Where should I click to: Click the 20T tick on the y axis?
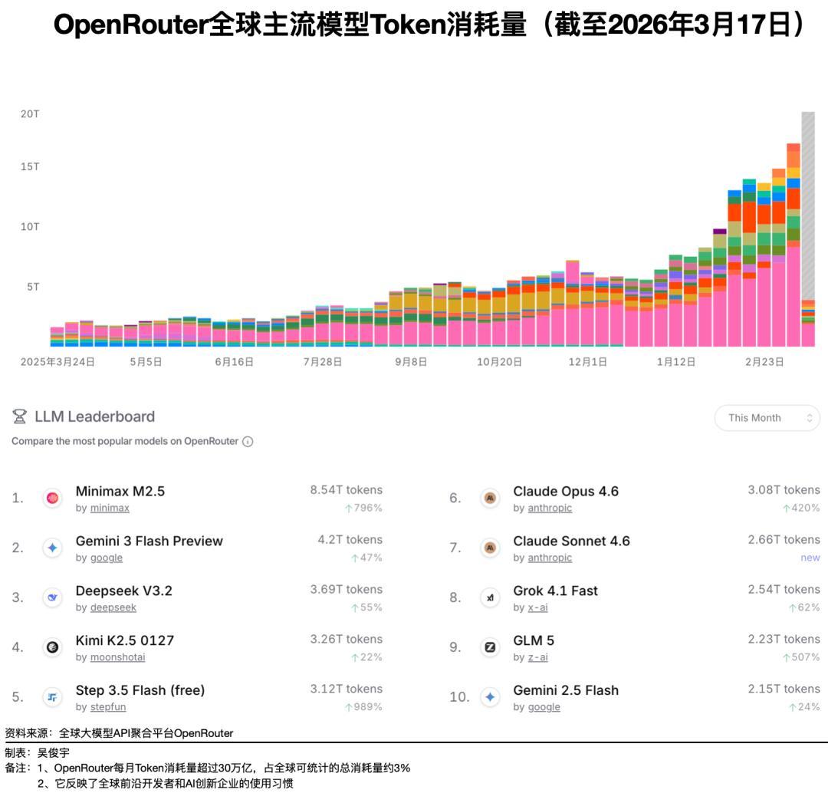[30, 114]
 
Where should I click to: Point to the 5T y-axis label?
[33, 287]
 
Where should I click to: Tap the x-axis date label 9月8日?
[411, 362]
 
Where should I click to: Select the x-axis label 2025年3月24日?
[58, 362]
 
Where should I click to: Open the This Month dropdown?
[767, 418]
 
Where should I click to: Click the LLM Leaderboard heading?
[94, 416]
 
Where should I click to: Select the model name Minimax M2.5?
[120, 491]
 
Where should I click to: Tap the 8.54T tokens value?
[346, 490]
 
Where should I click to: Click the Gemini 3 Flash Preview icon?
[53, 548]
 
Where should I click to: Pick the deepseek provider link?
[113, 607]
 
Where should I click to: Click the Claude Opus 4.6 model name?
[566, 491]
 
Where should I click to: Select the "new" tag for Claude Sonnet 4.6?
[810, 558]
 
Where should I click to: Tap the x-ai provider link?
[537, 607]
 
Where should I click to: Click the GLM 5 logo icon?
[490, 647]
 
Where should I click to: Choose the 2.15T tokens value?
[784, 689]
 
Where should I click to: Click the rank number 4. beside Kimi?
[18, 647]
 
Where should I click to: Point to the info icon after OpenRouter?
[248, 442]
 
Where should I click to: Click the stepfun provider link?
[108, 707]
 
